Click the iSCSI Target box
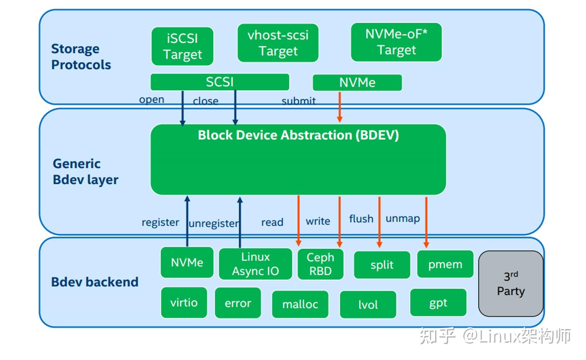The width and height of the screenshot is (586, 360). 182,46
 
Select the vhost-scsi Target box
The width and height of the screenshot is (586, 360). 278,43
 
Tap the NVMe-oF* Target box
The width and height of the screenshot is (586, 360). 396,42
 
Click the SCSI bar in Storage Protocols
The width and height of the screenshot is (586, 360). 220,82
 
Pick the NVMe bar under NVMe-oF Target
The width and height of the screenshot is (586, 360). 357,83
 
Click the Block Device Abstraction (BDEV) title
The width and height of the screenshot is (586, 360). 298,135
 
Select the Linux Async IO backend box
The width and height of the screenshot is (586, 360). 255,264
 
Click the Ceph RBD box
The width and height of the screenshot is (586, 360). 320,264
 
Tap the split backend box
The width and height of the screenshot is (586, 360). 382,265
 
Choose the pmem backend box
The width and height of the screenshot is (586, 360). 445,264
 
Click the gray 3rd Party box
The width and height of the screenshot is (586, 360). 511,283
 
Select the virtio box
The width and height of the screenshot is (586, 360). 184,302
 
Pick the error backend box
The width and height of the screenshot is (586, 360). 238,303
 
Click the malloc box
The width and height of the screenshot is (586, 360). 300,304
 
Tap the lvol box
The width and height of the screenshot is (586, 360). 368,304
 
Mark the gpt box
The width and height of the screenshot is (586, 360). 438,302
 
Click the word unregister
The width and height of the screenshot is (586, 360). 213,223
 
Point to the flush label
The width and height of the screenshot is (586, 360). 361,219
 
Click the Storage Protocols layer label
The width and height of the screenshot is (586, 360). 81,57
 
